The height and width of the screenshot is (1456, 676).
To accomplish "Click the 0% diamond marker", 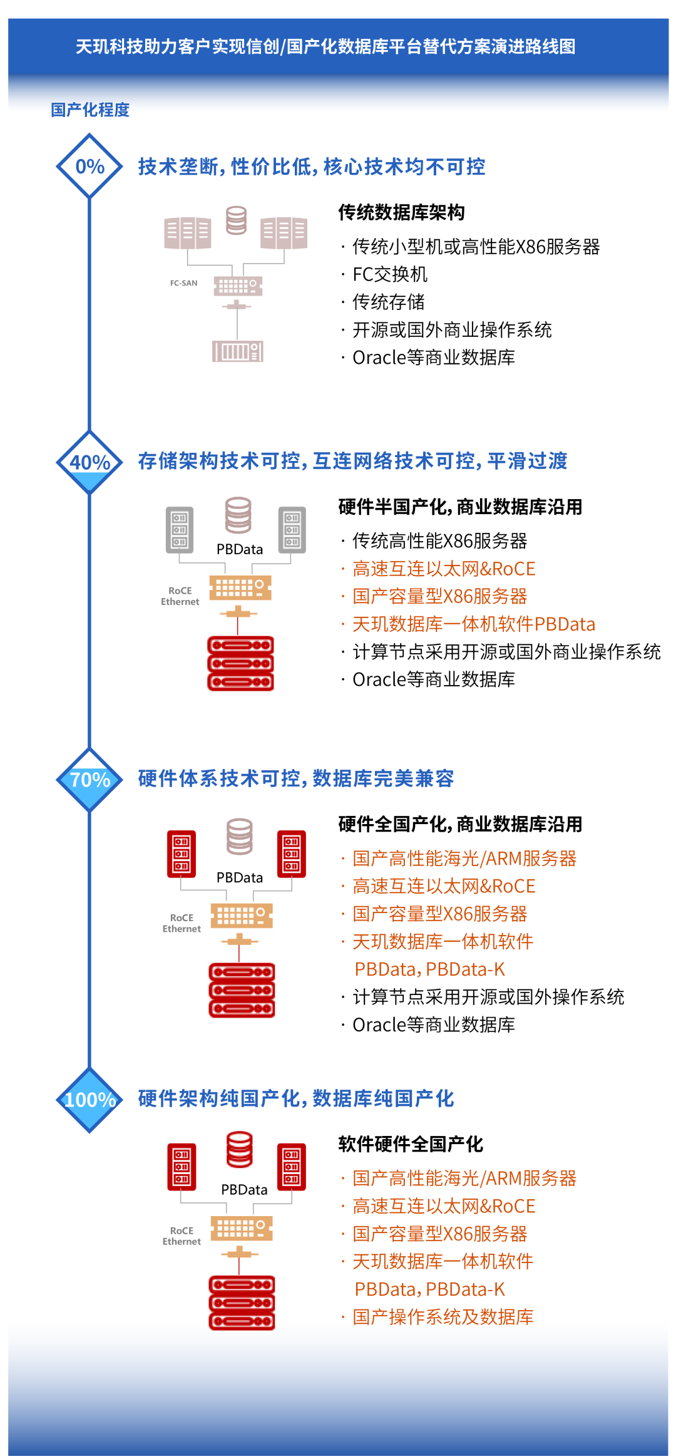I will pyautogui.click(x=90, y=166).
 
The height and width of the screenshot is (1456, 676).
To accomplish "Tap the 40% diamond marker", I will pyautogui.click(x=90, y=462).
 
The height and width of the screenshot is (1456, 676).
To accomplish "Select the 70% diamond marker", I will pyautogui.click(x=90, y=780).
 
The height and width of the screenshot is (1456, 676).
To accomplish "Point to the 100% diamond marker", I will pyautogui.click(x=90, y=1100).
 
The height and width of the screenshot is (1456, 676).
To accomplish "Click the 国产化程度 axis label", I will pyautogui.click(x=90, y=110).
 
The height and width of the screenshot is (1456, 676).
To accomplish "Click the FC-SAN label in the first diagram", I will pyautogui.click(x=183, y=283).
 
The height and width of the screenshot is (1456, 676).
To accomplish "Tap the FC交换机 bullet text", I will pyautogui.click(x=390, y=274).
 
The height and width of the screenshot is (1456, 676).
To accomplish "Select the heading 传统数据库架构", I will pyautogui.click(x=401, y=212).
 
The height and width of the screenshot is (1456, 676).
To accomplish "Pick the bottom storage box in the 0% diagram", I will pyautogui.click(x=237, y=351).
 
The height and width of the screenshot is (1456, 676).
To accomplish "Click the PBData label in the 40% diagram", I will pyautogui.click(x=240, y=549).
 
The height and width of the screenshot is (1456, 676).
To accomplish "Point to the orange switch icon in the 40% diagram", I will pyautogui.click(x=240, y=588).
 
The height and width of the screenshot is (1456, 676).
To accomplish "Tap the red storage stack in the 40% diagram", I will pyautogui.click(x=240, y=663).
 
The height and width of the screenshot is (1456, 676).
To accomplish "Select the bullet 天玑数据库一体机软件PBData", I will pyautogui.click(x=473, y=624).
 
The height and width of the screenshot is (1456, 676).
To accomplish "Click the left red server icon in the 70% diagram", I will pyautogui.click(x=182, y=854).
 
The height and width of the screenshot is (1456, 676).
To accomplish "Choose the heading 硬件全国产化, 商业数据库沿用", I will pyautogui.click(x=460, y=824).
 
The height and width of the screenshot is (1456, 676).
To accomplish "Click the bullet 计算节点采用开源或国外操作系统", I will pyautogui.click(x=488, y=997).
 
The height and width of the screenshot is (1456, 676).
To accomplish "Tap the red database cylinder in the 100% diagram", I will pyautogui.click(x=239, y=1149).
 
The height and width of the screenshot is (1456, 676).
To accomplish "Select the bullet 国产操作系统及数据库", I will pyautogui.click(x=443, y=1317).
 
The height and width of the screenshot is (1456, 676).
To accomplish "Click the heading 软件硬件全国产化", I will pyautogui.click(x=411, y=1144).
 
